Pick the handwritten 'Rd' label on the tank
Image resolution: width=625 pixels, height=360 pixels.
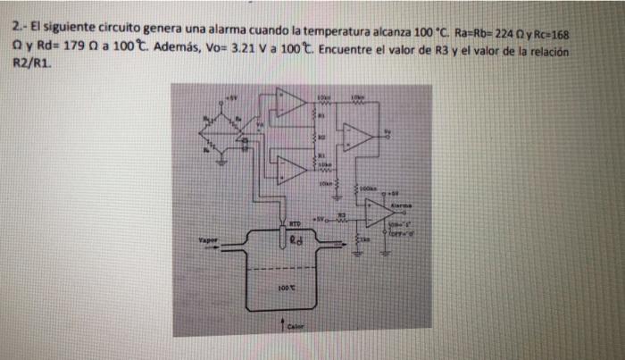tap(298, 239)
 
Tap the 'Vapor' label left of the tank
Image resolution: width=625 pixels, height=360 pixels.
tap(210, 241)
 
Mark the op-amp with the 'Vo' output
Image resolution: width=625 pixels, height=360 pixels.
tap(360, 135)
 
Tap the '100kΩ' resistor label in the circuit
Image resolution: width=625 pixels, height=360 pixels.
tap(370, 188)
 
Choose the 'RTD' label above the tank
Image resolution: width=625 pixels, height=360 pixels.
tap(294, 216)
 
